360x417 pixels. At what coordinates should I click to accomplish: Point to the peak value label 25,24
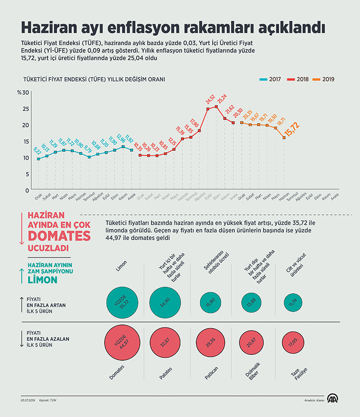[x=222, y=98]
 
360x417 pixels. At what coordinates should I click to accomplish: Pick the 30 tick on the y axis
[x=26, y=92]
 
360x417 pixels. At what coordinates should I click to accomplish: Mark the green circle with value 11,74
[x=293, y=302]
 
